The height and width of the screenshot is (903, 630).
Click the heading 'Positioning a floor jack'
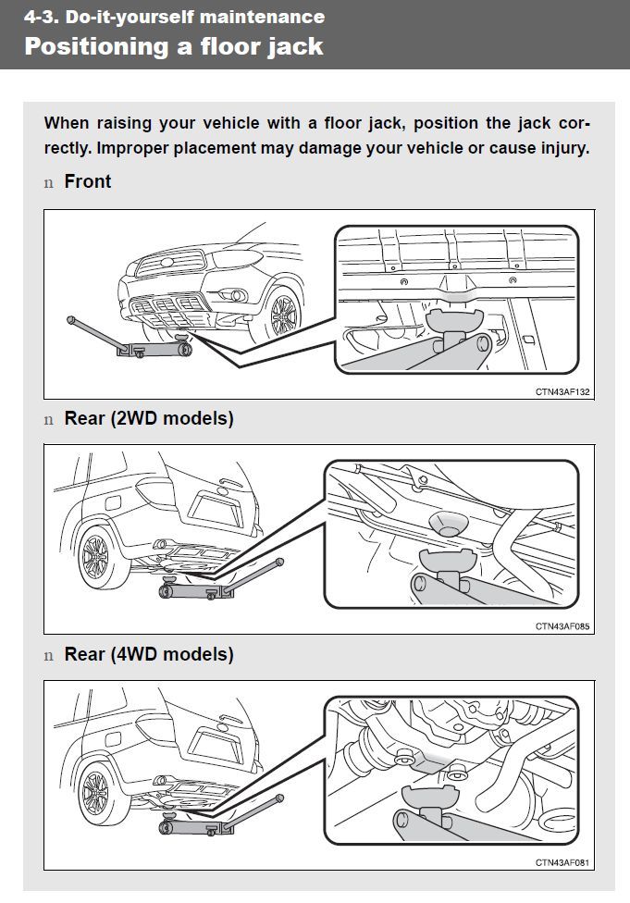(x=174, y=46)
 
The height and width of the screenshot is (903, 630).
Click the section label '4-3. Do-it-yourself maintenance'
(x=174, y=17)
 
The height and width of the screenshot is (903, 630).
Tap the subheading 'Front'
(x=88, y=181)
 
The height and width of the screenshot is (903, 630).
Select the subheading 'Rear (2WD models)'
(x=149, y=418)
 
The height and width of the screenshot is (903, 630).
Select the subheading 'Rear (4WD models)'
(x=149, y=654)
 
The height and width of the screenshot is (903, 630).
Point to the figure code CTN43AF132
(x=562, y=391)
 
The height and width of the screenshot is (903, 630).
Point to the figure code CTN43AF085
(x=562, y=626)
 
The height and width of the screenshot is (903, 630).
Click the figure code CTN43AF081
(x=562, y=862)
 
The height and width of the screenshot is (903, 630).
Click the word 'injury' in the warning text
(x=560, y=148)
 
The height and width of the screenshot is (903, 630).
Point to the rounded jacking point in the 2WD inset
(x=445, y=524)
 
